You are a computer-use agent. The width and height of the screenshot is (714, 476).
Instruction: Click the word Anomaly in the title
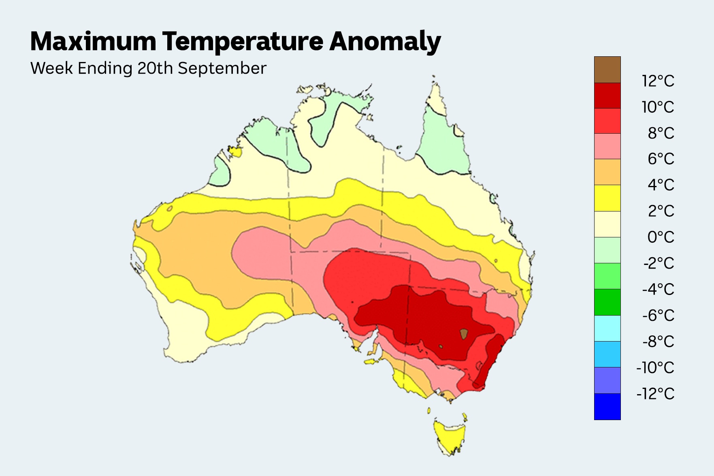[385, 42]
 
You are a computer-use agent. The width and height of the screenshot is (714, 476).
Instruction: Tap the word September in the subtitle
[222, 68]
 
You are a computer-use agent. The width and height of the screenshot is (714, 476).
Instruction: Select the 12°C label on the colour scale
[658, 81]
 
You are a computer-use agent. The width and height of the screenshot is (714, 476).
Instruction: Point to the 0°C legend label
[661, 237]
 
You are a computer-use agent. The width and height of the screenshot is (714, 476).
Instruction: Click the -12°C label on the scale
[655, 393]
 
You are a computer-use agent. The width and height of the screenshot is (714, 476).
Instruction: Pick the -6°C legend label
[658, 315]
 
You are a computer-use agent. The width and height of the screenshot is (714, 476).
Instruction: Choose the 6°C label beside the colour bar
[661, 159]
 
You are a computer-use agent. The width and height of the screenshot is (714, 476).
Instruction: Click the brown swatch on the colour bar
[607, 70]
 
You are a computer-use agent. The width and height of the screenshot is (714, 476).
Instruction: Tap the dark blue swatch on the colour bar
[607, 406]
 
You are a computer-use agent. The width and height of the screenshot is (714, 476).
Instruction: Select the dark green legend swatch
[607, 302]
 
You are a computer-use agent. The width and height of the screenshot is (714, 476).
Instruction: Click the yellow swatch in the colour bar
[607, 198]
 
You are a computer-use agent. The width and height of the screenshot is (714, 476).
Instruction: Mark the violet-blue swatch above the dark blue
[607, 380]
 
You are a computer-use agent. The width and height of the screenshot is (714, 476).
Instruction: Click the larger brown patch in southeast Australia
[464, 334]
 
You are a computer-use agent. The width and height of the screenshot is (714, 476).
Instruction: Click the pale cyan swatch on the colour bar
[607, 328]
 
